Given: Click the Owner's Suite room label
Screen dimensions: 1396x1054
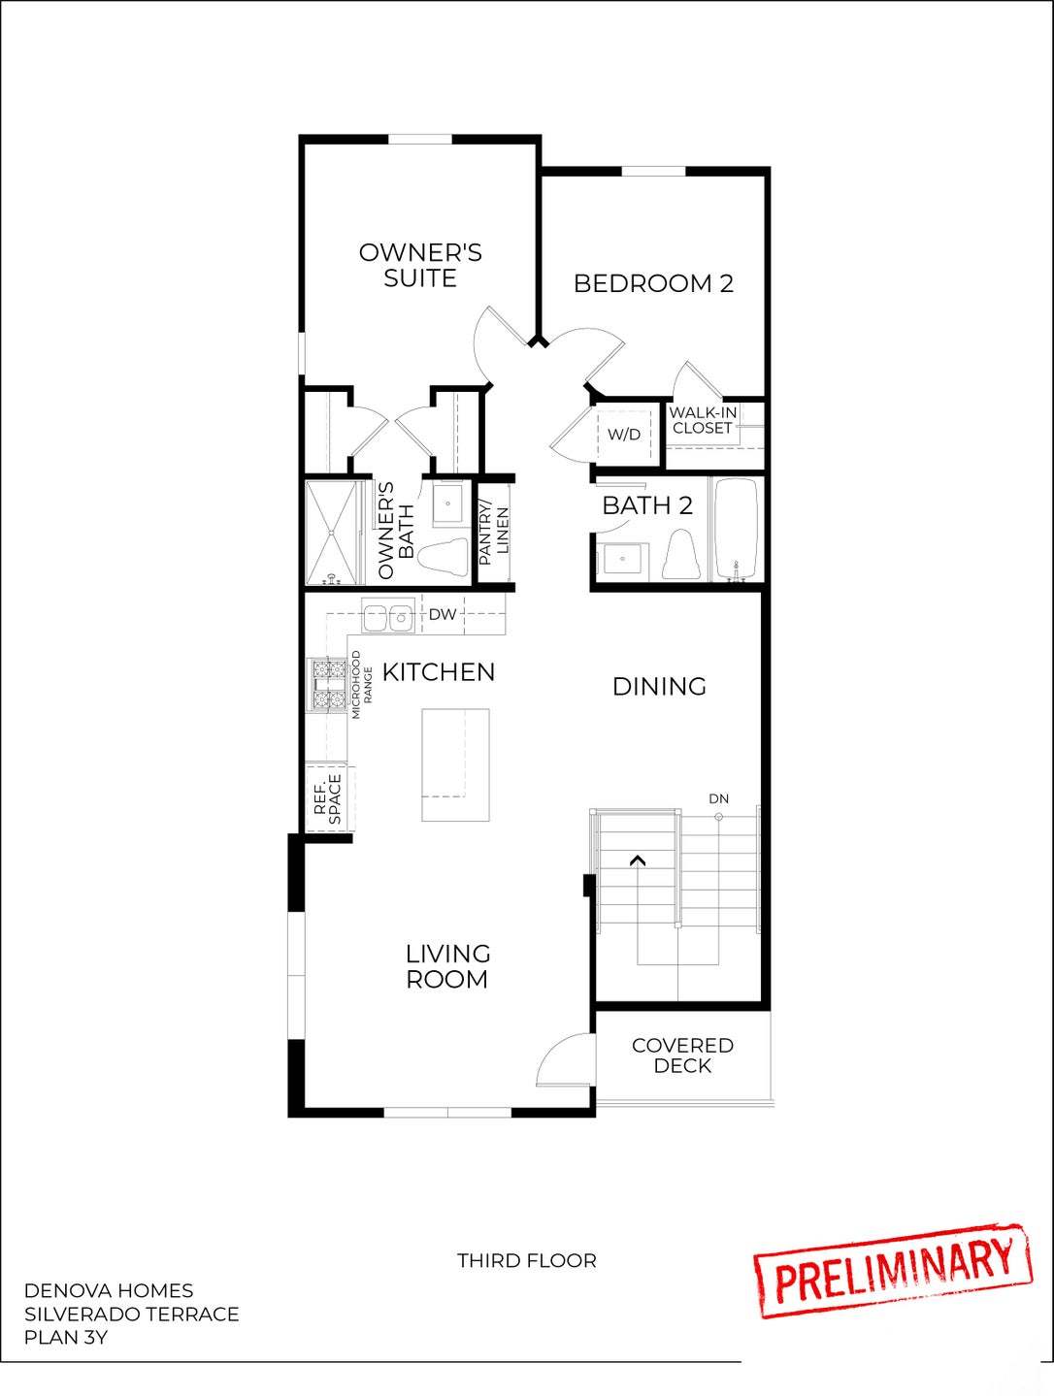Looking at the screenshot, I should click(419, 265).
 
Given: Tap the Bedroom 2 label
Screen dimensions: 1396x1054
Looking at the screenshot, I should click(652, 283).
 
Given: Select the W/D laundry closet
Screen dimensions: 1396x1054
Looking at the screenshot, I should click(624, 434).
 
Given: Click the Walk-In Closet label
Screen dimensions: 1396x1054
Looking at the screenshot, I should click(703, 420).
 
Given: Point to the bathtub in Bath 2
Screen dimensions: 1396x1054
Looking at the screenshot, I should click(738, 530).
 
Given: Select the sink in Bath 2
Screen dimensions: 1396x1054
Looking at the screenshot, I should click(619, 560).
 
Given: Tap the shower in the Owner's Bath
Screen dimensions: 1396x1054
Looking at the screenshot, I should click(334, 533).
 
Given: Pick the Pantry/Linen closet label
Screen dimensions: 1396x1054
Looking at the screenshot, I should click(494, 534).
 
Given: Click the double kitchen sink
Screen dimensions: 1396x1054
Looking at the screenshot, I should click(388, 615).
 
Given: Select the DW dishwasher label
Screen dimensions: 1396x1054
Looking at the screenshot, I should click(443, 614).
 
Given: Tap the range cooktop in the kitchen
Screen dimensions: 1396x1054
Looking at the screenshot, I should click(328, 684).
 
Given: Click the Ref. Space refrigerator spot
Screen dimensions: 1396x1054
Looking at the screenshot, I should click(328, 798).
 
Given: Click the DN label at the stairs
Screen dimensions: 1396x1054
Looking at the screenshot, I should click(718, 798).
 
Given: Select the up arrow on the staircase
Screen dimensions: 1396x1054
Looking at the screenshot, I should click(638, 860).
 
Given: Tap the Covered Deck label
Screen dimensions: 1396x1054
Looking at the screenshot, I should click(682, 1055).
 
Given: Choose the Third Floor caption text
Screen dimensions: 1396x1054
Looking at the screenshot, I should click(527, 1260).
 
